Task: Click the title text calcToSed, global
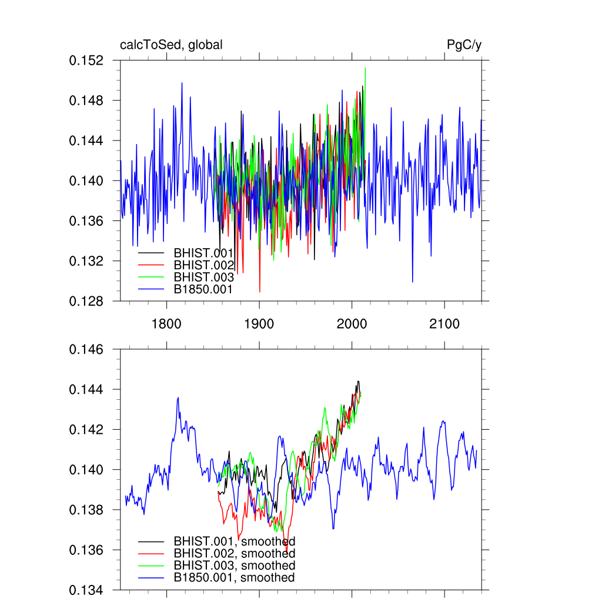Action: point(171,45)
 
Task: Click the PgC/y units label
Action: point(464,45)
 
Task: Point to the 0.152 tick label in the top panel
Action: point(86,61)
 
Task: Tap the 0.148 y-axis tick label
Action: point(86,101)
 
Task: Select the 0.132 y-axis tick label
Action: point(86,261)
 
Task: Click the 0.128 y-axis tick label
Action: point(86,301)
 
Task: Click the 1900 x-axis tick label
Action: point(259,324)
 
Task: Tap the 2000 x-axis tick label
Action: point(352,324)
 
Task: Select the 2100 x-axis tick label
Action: point(444,324)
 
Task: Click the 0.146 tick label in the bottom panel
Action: point(86,350)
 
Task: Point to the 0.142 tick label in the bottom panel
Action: point(86,430)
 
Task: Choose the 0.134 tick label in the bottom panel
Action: point(86,590)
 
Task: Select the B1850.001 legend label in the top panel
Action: point(203,289)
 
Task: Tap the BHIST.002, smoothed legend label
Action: point(234,553)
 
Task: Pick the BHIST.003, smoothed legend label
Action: point(234,566)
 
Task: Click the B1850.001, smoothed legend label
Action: point(234,578)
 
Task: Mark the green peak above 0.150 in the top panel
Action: point(365,69)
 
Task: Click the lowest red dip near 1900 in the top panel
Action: point(260,291)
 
